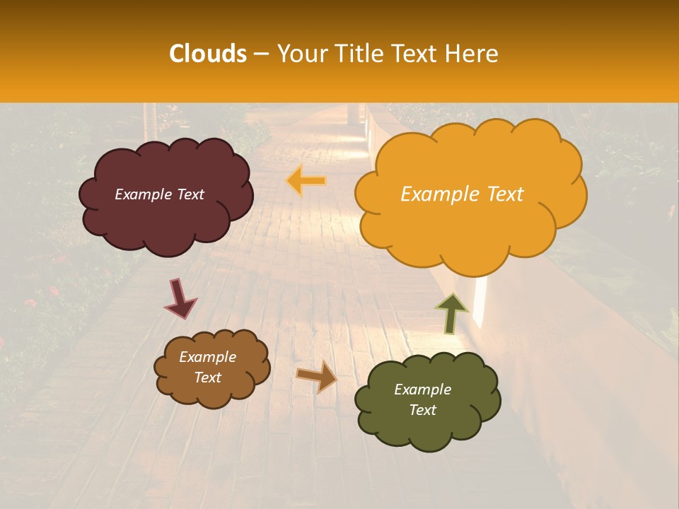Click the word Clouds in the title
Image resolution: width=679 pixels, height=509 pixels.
tap(207, 54)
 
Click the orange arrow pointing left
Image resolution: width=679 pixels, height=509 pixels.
tap(306, 181)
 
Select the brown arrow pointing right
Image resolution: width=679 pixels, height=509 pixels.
tap(317, 376)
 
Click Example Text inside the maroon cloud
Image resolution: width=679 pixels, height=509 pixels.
tap(159, 194)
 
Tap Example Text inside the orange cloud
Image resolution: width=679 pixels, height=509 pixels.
tap(462, 194)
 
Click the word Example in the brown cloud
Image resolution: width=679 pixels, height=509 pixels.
tap(207, 357)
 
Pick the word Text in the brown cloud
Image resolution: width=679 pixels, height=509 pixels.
tap(207, 378)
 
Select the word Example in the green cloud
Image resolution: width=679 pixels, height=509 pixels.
tap(422, 390)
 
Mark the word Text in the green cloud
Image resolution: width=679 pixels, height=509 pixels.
tap(422, 410)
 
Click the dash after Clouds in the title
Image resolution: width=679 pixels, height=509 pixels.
tap(261, 54)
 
